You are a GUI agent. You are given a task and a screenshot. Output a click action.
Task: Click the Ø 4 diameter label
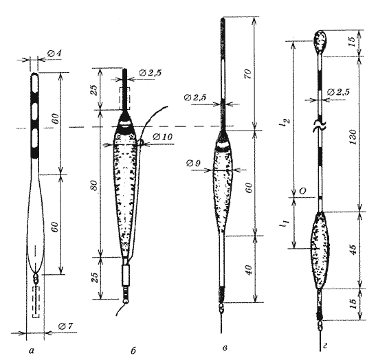[54, 54]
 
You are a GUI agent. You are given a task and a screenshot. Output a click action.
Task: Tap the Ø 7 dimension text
[65, 326]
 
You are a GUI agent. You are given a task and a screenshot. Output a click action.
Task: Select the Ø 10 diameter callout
[162, 137]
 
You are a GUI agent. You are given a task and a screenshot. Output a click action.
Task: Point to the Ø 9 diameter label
[193, 164]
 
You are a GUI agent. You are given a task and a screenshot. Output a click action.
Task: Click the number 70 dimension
[248, 74]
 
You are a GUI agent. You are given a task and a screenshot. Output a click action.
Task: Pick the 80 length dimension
[95, 185]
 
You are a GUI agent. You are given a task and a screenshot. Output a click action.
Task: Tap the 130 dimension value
[353, 137]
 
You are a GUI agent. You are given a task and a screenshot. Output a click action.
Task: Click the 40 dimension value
[249, 270]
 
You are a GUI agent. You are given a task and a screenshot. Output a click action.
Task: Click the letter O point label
[302, 191]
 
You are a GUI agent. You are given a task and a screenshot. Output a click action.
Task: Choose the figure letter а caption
[32, 351]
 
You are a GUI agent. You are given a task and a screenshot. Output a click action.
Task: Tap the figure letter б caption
[133, 351]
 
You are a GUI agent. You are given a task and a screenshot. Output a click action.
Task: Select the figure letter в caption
[225, 348]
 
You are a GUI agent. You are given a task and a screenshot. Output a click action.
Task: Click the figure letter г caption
[325, 347]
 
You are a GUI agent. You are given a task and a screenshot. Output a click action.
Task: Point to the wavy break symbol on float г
[320, 126]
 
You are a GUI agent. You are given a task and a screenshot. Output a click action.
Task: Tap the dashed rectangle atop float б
[124, 98]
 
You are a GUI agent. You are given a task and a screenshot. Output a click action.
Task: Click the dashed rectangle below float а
[36, 302]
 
